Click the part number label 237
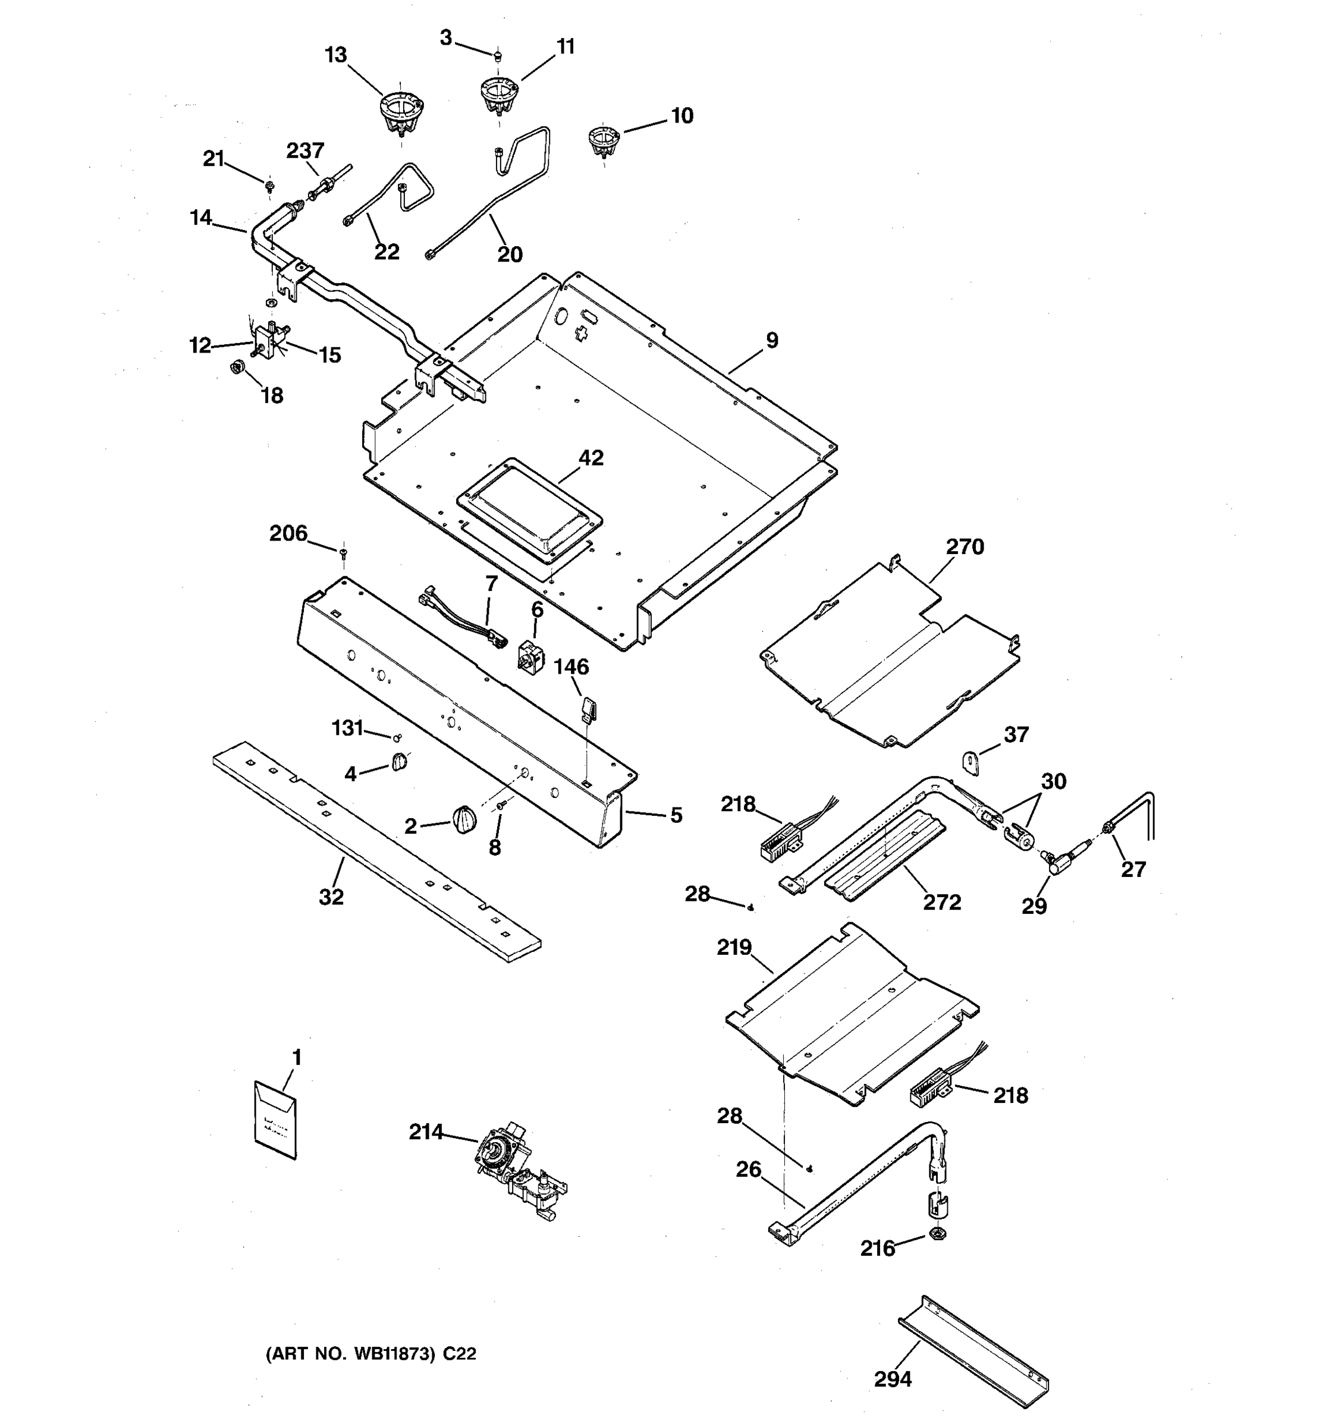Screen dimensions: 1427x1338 tap(305, 151)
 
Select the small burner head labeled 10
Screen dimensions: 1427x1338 tap(604, 140)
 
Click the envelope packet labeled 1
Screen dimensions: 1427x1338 tap(276, 1120)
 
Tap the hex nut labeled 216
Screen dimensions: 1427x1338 tap(937, 1234)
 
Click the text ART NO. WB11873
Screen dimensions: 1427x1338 tap(351, 1354)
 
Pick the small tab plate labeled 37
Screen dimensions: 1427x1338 tap(972, 762)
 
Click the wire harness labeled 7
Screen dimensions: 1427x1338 tap(460, 618)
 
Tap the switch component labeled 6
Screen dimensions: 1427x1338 tap(531, 655)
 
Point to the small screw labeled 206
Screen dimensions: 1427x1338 tap(344, 551)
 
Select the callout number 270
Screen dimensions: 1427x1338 tap(964, 547)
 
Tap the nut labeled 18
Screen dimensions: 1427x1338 tap(235, 367)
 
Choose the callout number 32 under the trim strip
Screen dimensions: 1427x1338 tap(331, 897)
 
